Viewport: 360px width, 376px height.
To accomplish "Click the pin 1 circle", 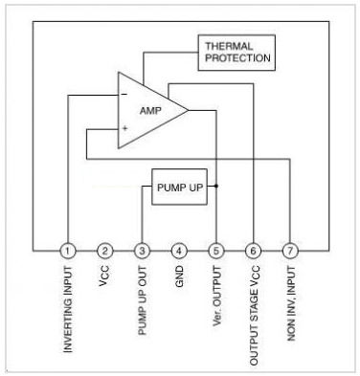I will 68,251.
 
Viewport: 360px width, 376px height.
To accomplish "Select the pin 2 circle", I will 105,251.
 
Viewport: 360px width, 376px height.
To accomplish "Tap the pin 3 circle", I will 143,251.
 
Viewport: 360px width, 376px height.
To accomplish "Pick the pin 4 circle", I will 179,251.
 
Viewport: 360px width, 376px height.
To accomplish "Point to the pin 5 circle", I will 216,251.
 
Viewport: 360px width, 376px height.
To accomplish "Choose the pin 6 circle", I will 254,251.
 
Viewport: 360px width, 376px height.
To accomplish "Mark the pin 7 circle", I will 290,251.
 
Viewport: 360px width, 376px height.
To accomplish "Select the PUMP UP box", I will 180,186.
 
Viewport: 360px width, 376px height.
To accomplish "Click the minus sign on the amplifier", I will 124,94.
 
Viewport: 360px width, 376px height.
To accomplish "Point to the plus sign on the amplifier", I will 124,127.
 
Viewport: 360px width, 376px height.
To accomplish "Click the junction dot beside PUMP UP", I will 217,186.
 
